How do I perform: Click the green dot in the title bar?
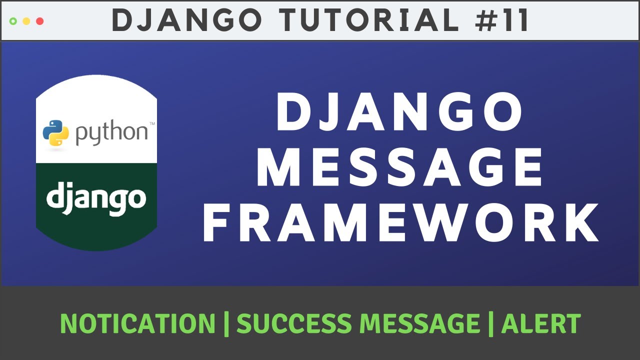point(13,21)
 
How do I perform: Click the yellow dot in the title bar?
point(26,21)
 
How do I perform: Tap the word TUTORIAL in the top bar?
point(369,21)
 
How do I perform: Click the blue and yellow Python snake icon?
point(55,133)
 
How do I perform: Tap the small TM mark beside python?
point(151,123)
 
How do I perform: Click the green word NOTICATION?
point(137,323)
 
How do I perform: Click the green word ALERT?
point(540,323)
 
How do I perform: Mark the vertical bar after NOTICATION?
point(226,323)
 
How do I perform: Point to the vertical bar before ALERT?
point(490,323)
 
